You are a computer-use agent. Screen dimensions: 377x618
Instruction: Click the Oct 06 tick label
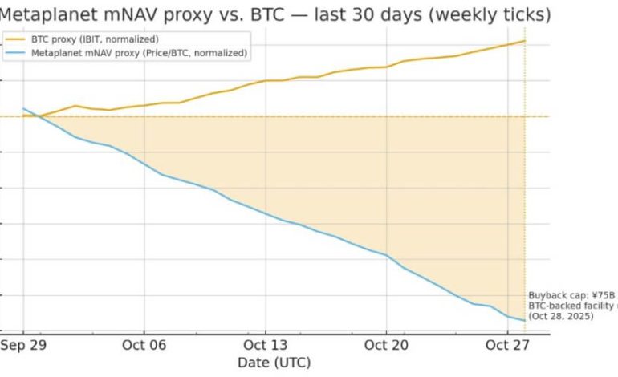144,345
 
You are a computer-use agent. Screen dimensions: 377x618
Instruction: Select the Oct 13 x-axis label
265,345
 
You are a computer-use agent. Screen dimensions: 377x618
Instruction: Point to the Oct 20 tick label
386,345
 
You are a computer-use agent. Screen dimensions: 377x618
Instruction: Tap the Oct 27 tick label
507,345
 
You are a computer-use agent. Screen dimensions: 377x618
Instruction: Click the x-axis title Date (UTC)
274,363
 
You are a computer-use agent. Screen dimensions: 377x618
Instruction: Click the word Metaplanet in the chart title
45,14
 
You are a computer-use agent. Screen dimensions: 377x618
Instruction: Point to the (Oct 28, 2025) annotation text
561,317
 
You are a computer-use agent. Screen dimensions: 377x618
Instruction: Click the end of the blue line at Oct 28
525,321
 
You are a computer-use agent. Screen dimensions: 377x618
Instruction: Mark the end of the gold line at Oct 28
525,41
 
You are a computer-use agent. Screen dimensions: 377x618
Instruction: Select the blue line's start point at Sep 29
23,108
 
